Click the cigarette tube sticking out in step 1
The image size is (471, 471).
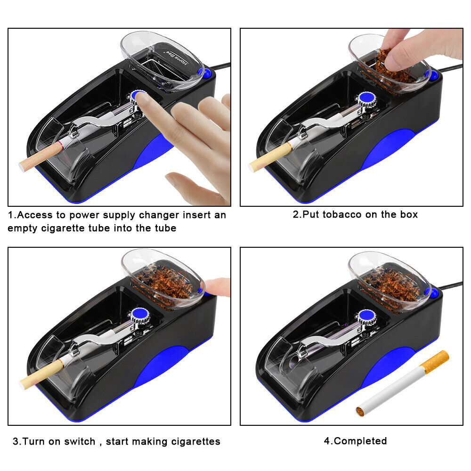(x=41, y=157)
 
